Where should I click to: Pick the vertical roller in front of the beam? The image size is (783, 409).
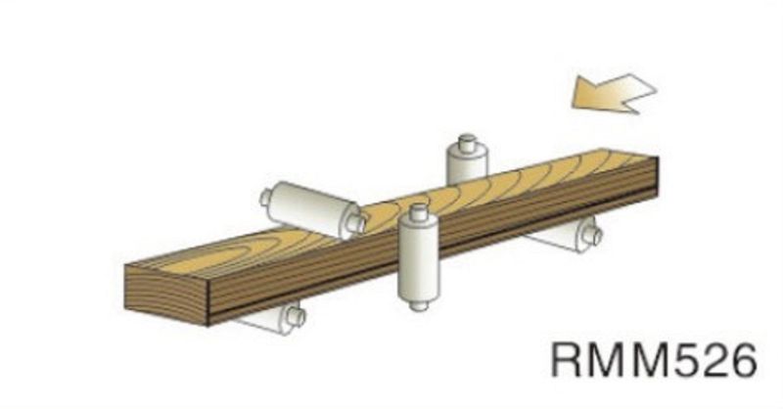click(x=418, y=259)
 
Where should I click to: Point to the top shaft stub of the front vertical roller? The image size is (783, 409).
click(x=419, y=211)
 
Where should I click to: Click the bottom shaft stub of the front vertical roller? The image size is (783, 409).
click(x=419, y=304)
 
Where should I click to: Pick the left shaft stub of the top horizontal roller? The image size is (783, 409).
click(x=265, y=198)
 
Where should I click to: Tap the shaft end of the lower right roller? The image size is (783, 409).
click(x=590, y=235)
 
